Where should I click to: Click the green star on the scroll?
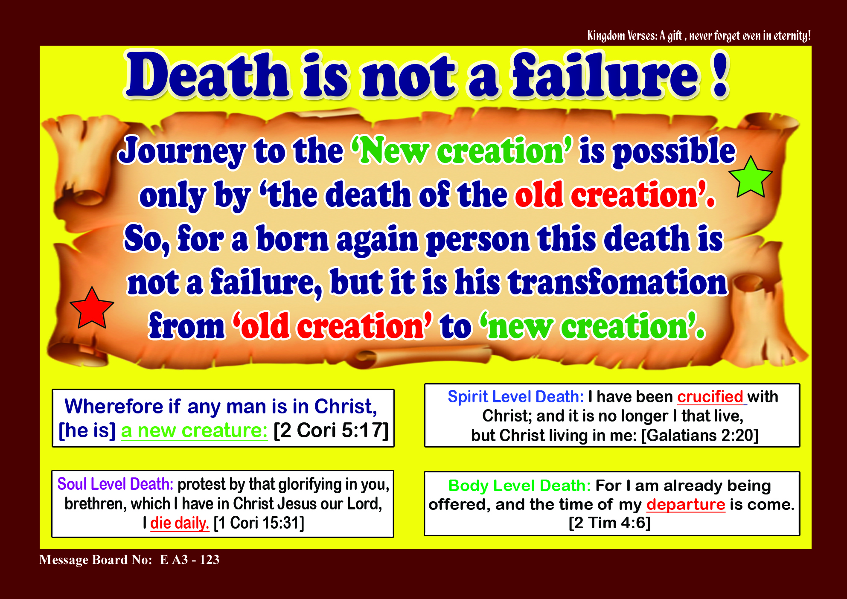point(751,178)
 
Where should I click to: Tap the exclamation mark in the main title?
point(720,76)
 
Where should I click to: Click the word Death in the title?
point(207,76)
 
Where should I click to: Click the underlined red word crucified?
point(710,397)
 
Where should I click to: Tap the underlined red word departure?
point(686,504)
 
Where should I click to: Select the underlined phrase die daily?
point(180,523)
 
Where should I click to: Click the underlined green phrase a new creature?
point(194,430)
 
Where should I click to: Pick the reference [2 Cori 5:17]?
point(331,430)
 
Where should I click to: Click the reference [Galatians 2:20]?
point(700,436)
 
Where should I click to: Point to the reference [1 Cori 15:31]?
point(259,523)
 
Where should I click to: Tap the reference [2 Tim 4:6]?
point(610,523)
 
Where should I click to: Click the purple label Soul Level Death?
point(115,484)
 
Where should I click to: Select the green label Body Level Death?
point(519,486)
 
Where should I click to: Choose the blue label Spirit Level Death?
point(515,397)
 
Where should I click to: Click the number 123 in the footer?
point(210,559)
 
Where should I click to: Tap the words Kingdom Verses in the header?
point(622,35)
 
